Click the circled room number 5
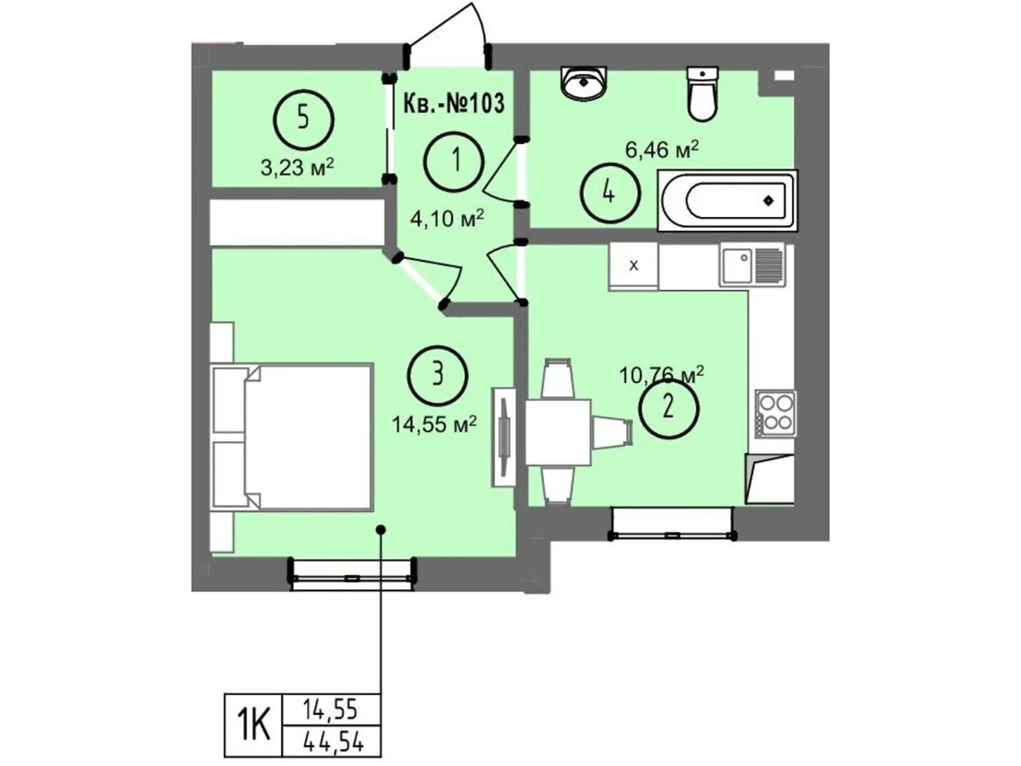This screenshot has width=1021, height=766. pos(303,120)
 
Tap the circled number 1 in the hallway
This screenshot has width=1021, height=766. pos(455,160)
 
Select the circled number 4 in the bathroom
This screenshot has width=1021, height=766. pos(610,193)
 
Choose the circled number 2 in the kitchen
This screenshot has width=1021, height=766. pos(668,409)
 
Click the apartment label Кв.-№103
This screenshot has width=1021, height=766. pos(454,103)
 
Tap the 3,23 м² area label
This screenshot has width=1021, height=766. pos(298,167)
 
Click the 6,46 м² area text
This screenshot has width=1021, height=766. pos(662,150)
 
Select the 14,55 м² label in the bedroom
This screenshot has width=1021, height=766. pos(435,424)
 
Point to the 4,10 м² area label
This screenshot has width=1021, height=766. pos(447,218)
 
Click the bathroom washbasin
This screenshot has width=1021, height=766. pos(584,82)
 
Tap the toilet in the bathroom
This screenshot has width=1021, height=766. pos(703,93)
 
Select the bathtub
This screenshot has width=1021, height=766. pos(727,200)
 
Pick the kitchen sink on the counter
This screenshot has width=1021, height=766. pos(752,266)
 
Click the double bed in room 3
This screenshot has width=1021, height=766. pos(293,437)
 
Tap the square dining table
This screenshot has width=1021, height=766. pos(558,432)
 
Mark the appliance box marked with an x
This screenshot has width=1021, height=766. pos(633,266)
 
